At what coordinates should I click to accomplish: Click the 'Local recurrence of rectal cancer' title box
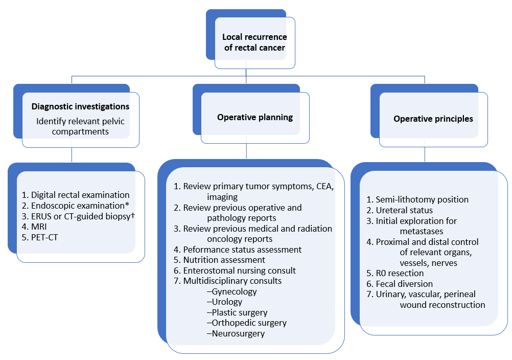254,42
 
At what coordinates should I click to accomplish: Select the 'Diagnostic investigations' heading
80,107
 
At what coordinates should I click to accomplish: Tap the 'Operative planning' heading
255,118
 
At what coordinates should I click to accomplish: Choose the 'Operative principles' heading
433,119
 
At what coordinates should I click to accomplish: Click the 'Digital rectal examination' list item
80,195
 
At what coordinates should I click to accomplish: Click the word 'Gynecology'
235,291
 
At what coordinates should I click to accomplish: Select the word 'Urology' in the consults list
227,302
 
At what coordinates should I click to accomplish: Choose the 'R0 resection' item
400,273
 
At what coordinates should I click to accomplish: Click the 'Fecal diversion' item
404,284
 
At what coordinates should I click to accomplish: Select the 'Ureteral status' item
404,210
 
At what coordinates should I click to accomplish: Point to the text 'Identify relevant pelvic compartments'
80,126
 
